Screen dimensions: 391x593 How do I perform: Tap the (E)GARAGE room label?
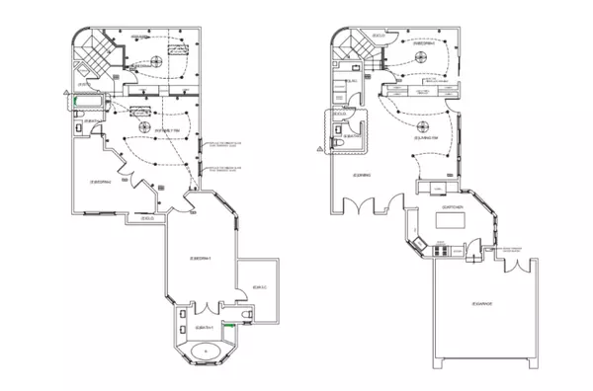[483, 302]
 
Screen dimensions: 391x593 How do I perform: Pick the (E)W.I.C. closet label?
[261, 287]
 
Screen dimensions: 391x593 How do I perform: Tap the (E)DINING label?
[361, 175]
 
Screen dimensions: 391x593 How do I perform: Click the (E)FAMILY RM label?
[164, 130]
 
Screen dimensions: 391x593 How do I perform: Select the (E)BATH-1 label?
[207, 327]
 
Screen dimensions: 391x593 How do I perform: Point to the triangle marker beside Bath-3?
[319, 147]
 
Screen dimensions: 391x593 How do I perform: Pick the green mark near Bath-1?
[229, 323]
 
